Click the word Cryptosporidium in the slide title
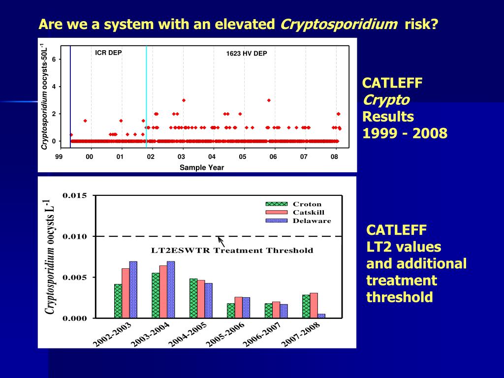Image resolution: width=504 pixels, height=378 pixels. tap(339, 24)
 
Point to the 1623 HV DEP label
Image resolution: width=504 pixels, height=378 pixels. tap(246, 54)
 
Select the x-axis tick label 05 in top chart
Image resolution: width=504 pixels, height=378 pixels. tap(243, 157)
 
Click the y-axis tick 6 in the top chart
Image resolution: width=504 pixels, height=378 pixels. tap(54, 60)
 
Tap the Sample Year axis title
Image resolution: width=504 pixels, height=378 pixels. tap(201, 167)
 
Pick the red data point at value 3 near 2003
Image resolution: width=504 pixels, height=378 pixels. tap(184, 100)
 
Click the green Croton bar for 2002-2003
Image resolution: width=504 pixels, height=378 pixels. tap(118, 301)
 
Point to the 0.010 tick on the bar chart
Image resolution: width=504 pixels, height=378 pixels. tap(75, 237)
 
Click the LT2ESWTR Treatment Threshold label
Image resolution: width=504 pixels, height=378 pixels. tap(232, 251)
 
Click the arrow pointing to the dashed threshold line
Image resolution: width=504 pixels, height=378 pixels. tap(221, 242)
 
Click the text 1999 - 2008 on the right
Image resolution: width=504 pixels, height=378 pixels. tap(405, 133)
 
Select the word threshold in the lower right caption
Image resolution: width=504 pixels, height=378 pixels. tap(400, 297)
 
